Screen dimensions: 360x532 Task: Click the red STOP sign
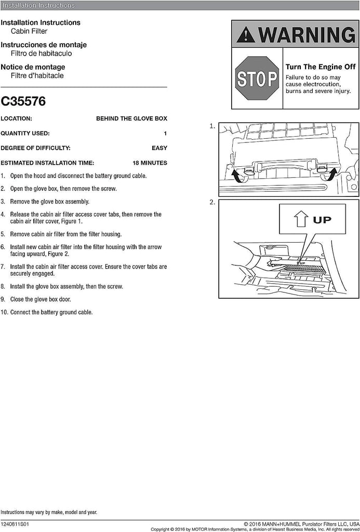coord(257,78)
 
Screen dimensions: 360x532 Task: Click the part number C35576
coord(23,101)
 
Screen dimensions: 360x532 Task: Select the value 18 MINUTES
coord(150,163)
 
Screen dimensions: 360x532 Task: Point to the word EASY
coord(159,148)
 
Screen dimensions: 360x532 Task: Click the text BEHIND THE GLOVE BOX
coord(131,118)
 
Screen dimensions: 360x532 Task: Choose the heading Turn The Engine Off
coord(321,67)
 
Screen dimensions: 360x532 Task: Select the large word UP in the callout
coord(322,220)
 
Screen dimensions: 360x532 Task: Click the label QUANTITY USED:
coord(25,134)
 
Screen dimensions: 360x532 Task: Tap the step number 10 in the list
coord(4,312)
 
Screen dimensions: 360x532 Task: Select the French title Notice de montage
coord(33,67)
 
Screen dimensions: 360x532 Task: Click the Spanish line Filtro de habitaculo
coord(42,54)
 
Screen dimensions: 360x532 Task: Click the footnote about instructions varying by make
coord(49,512)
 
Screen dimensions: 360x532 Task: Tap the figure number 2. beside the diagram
coord(212,202)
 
